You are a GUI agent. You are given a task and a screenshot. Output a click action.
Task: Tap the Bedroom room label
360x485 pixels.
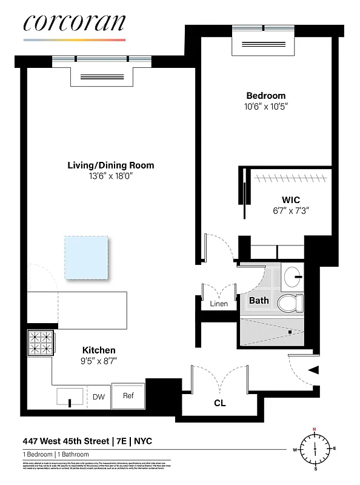[x=265, y=96]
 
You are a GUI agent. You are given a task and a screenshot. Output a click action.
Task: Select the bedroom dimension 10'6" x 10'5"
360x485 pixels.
[x=265, y=107]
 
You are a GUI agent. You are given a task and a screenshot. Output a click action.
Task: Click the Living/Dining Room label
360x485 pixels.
[x=110, y=165]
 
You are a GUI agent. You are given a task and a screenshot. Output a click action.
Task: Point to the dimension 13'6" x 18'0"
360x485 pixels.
[x=110, y=176]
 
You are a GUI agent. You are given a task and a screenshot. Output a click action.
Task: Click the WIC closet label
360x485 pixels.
[x=290, y=200]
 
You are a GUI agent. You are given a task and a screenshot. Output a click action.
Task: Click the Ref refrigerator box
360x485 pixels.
[x=128, y=396]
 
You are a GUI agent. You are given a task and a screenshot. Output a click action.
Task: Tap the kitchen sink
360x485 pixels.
[x=71, y=398]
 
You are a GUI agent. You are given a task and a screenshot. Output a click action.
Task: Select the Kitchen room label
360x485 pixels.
[x=99, y=350]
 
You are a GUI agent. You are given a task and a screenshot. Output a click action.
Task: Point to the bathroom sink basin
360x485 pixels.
[x=295, y=276]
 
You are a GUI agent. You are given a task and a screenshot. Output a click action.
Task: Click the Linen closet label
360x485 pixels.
[x=218, y=304]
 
